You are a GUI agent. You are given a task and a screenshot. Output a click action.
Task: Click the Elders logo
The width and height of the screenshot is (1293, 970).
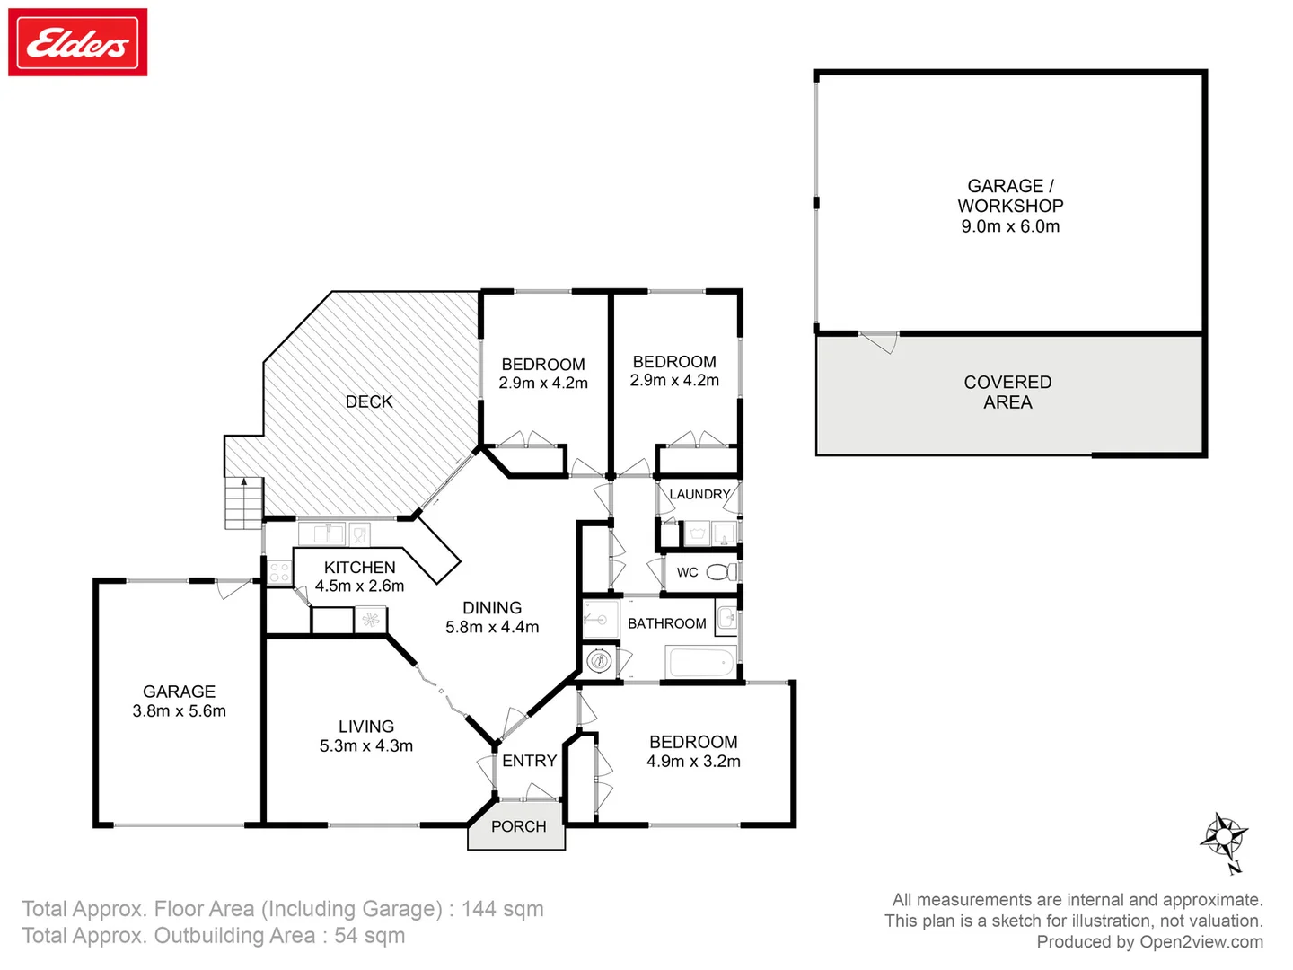coord(78,42)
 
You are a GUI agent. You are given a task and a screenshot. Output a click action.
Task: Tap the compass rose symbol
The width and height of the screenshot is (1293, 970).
coord(1224,838)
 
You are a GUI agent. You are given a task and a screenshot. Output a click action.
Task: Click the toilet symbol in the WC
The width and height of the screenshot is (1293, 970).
coord(719,572)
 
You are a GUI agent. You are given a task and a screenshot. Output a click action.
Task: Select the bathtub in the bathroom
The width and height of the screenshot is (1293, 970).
coord(701,665)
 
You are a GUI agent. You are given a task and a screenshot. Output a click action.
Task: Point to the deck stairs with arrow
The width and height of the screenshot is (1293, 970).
coord(243,502)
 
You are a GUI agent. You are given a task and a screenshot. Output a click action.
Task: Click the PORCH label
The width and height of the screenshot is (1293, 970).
coord(518,826)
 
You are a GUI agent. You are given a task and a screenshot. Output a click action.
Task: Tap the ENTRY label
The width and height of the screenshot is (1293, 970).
coord(529,761)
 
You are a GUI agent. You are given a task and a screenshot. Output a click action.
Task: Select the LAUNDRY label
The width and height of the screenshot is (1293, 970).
coord(699,494)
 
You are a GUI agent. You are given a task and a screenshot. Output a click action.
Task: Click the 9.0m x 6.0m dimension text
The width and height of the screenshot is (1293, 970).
coord(1010,226)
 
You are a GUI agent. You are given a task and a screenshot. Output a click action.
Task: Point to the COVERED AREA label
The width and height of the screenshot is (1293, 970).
coord(1007,392)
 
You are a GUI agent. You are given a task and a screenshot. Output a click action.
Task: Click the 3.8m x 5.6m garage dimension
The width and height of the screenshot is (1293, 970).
coord(179,710)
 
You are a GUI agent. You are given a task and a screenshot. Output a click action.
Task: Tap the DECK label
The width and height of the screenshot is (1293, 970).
coord(369,401)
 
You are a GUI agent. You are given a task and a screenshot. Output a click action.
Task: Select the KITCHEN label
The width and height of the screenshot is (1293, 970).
coord(359,568)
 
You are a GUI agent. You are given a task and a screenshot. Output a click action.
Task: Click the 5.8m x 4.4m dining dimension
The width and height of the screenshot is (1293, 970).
coord(492,627)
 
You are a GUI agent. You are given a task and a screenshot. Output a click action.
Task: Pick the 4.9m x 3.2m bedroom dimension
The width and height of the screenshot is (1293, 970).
coord(693,761)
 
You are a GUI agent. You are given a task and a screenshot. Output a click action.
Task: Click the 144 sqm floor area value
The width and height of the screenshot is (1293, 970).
coord(502,909)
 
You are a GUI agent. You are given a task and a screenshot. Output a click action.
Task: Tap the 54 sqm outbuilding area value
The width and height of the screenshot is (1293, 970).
coord(369,936)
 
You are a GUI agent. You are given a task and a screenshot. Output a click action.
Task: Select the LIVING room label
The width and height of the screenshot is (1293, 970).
coord(365,727)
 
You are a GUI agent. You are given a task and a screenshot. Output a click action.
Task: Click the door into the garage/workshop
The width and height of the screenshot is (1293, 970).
coord(880,341)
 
